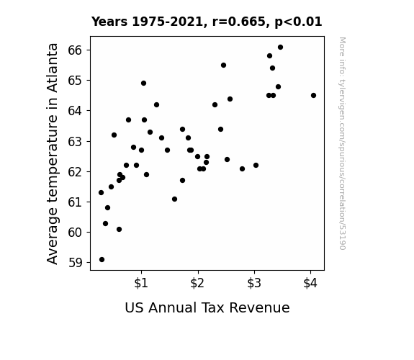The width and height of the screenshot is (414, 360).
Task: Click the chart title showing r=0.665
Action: click(x=207, y=22)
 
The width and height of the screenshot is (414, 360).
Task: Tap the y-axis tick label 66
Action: click(x=75, y=50)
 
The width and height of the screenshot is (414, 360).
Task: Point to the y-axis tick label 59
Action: click(x=76, y=263)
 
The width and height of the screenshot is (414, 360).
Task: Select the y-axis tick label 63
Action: click(x=75, y=142)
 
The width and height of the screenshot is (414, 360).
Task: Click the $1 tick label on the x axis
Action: click(x=141, y=283)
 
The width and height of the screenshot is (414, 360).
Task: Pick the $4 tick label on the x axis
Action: click(x=310, y=283)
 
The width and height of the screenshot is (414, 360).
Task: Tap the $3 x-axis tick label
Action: click(x=254, y=283)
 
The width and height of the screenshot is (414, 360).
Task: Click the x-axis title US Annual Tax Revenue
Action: click(x=207, y=307)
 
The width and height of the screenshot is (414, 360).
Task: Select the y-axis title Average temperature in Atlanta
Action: click(x=53, y=153)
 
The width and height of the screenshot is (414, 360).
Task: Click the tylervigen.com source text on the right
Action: click(x=342, y=143)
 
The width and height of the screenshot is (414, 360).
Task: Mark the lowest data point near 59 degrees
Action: click(x=102, y=260)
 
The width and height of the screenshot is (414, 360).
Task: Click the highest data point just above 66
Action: click(x=280, y=48)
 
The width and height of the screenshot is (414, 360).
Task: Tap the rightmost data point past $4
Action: click(x=313, y=95)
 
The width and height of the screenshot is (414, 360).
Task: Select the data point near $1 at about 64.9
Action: click(x=143, y=84)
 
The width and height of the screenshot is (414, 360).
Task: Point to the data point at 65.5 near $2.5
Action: click(x=223, y=66)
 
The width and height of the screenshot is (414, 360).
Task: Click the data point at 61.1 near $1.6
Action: click(x=174, y=199)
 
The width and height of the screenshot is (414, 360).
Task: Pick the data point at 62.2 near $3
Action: click(x=256, y=166)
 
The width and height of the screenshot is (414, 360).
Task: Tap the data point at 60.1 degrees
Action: click(x=119, y=229)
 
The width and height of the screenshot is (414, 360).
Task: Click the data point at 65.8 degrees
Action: click(x=269, y=55)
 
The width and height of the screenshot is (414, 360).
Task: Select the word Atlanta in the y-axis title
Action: click(x=53, y=68)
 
